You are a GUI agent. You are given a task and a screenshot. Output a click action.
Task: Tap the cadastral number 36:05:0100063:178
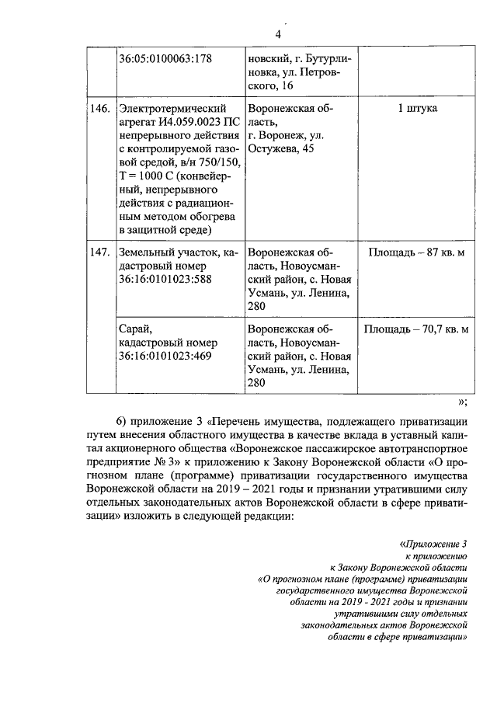coord(165,58)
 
